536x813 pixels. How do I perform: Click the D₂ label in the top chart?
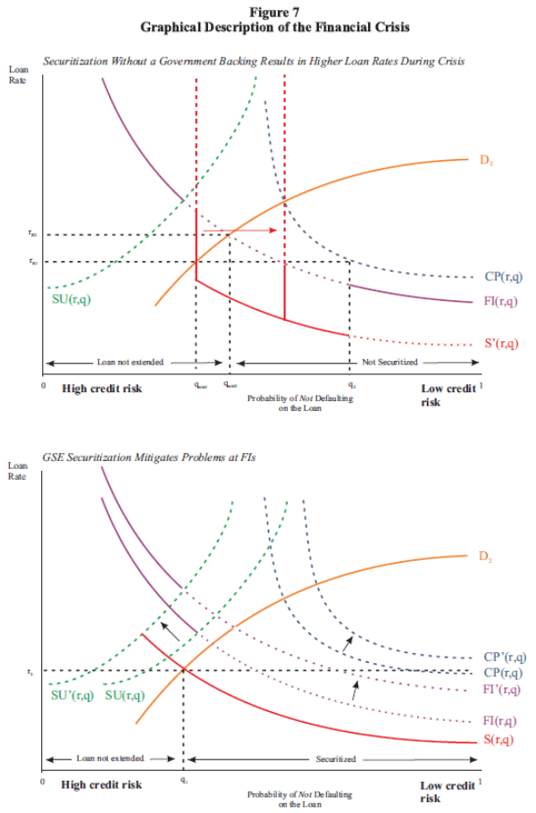point(485,162)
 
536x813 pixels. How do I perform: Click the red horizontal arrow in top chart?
point(238,230)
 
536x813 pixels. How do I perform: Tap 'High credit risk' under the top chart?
point(102,389)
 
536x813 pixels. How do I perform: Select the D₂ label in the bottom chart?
point(485,557)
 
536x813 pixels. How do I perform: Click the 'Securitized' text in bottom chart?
point(337,759)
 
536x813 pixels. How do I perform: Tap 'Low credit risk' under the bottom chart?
point(448,791)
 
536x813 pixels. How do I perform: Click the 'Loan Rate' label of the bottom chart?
point(18,471)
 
